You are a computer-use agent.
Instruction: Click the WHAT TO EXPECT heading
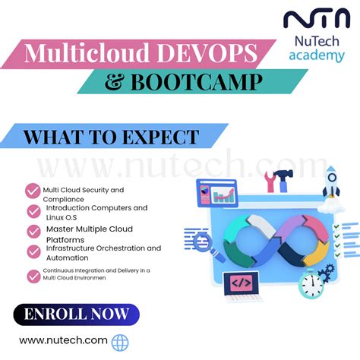click(111, 137)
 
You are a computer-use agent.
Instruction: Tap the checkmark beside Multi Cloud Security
click(33, 191)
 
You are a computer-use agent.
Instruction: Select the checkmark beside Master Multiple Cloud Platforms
click(33, 230)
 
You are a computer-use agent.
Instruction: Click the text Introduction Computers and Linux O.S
click(96, 213)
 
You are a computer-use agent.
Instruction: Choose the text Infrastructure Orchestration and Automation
click(103, 253)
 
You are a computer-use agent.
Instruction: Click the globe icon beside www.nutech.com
click(120, 343)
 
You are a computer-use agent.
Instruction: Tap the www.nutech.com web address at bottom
click(63, 341)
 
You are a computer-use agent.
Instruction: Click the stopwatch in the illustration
click(312, 283)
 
